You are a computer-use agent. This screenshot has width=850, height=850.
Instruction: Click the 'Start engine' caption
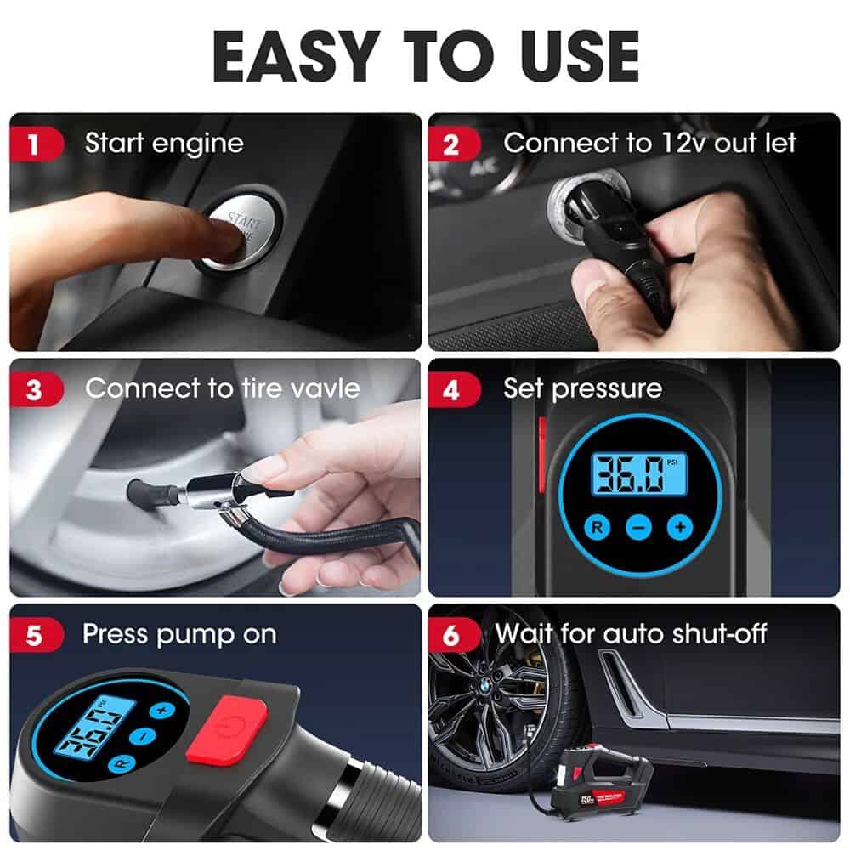tap(164, 143)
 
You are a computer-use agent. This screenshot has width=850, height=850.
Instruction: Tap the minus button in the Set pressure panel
tap(639, 527)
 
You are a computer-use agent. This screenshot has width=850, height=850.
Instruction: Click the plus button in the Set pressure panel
tap(680, 527)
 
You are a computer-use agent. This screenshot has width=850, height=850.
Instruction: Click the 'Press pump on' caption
tap(179, 634)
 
